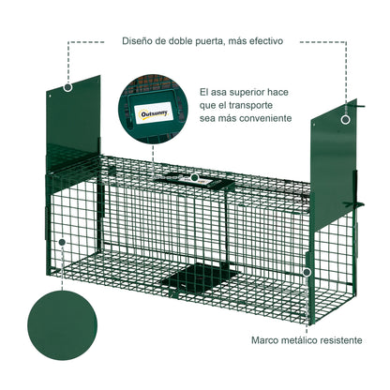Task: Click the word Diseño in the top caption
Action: pos(139,41)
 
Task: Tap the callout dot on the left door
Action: pos(67,86)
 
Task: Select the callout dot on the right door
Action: pos(345,119)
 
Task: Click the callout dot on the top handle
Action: pos(194,176)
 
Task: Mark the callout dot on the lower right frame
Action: pos(307,271)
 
